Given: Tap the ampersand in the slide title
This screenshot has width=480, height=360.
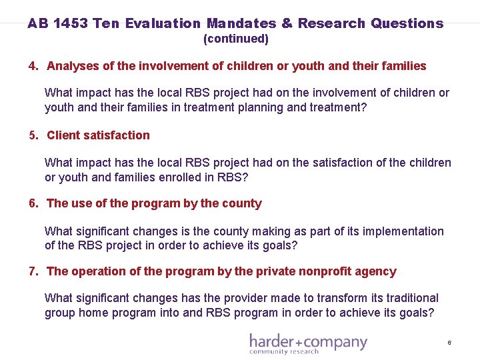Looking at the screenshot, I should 287,23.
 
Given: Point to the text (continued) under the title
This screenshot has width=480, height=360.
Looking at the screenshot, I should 235,39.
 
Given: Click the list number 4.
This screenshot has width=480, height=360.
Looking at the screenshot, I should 33,66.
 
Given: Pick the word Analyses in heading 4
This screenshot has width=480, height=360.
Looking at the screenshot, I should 72,66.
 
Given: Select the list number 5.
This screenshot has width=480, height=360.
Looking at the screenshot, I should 33,135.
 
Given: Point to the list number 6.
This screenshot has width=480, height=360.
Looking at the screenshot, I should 33,203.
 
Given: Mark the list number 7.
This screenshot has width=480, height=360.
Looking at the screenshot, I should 33,271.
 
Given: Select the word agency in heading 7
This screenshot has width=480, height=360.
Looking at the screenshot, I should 377,271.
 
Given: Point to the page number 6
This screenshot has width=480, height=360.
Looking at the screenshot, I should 449,343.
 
